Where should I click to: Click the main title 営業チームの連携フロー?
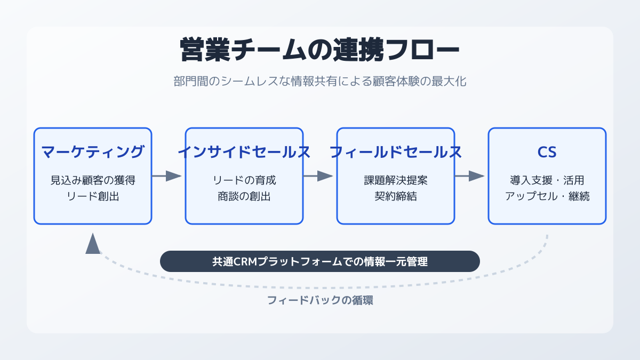coord(319,50)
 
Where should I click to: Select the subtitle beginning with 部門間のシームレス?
coord(319,82)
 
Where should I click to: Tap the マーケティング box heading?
coord(93,151)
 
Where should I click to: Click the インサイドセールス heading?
coord(244,151)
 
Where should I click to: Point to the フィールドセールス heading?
coord(395,151)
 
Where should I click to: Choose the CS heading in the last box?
coord(547,152)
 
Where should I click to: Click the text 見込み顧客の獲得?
coord(93,180)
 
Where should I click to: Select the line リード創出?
coord(93,196)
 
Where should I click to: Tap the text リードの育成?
coord(244,180)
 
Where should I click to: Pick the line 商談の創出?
coord(244,196)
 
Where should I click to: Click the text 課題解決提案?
coord(396,180)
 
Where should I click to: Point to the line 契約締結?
coord(396,196)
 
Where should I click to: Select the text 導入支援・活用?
coord(547,180)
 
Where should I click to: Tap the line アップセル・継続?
coord(547,196)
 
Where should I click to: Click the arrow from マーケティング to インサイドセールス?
coord(166,176)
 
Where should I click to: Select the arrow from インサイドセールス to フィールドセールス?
coord(318,176)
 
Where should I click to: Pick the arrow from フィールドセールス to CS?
coord(469,176)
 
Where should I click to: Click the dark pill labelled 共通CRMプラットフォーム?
coord(319,261)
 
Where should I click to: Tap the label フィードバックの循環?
coord(320,300)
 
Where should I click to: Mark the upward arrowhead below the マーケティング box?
coord(93,244)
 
